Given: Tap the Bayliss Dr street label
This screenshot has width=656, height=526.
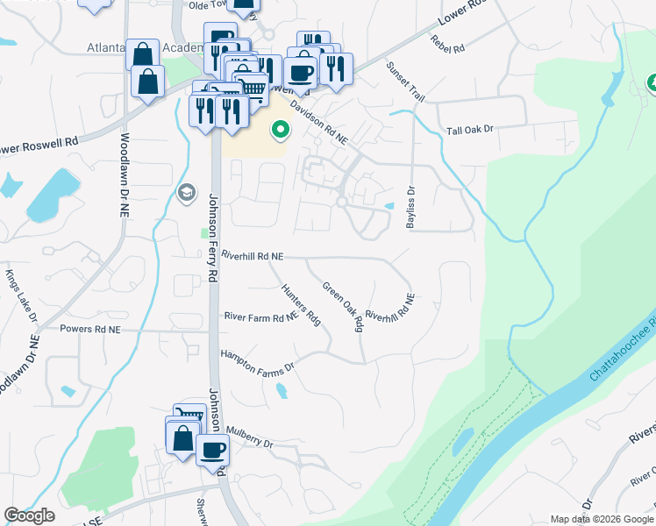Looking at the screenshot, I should coord(410,207).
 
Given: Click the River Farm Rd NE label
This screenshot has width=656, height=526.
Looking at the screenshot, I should coord(261,317).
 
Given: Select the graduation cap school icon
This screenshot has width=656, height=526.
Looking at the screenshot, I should coord(186,192).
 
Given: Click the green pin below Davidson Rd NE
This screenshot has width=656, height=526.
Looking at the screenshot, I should coord(281,131).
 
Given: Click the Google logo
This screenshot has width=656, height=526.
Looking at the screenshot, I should coord(29,515).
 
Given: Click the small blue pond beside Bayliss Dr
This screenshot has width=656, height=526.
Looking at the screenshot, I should coord(389,207).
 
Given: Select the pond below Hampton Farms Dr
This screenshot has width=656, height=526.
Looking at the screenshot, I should coord(281,391).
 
